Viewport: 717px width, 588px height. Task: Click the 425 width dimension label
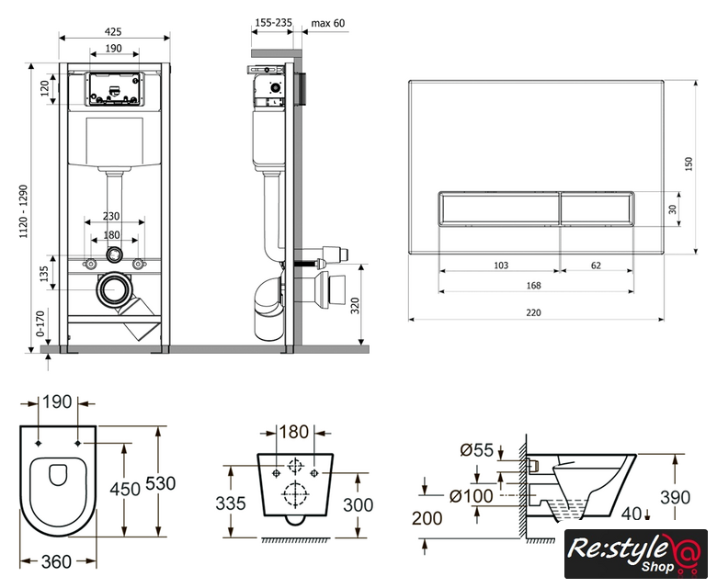(x=113, y=30)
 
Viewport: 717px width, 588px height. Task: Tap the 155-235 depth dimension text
(x=271, y=23)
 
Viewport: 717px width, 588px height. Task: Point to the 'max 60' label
(x=328, y=23)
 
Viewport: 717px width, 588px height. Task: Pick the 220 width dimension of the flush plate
(x=534, y=313)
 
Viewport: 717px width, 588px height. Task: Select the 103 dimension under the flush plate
(x=501, y=266)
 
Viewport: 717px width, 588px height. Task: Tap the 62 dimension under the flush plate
(x=597, y=266)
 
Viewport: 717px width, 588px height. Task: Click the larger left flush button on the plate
(x=498, y=209)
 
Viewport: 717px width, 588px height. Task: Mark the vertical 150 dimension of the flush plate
(x=689, y=162)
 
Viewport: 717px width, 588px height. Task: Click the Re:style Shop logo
(x=635, y=555)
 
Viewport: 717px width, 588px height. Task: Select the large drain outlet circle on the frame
(x=115, y=289)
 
